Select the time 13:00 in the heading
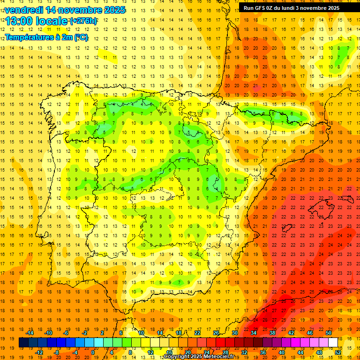[x=18, y=21]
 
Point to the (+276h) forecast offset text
[x=83, y=21]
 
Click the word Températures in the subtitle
[x=30, y=37]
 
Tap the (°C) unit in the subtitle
[x=81, y=37]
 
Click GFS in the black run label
[x=260, y=8]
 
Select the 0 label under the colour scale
[x=93, y=352]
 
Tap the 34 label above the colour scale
[x=253, y=332]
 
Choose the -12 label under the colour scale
[x=39, y=352]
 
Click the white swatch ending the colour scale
[x=333, y=342]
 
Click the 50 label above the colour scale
[x=329, y=332]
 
